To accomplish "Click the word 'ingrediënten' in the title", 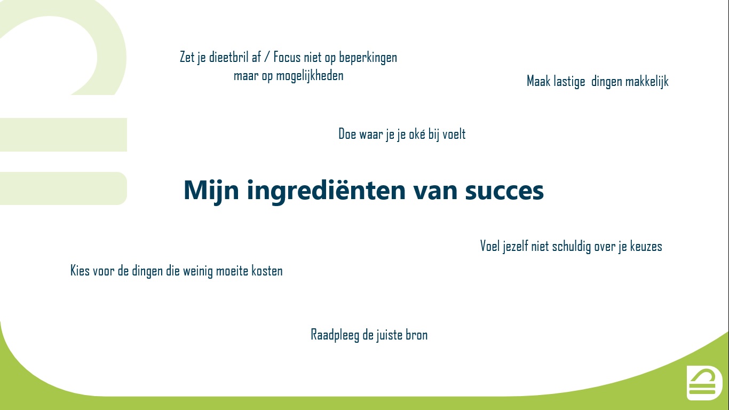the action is (326, 191).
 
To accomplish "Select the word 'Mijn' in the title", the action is (211, 191).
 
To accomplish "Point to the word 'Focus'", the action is (287, 57).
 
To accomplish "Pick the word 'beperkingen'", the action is (368, 58).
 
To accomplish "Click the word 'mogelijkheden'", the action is (310, 76).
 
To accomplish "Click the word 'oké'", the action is (417, 134).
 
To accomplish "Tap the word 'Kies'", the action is (80, 271).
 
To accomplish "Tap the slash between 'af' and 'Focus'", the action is (267, 57).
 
